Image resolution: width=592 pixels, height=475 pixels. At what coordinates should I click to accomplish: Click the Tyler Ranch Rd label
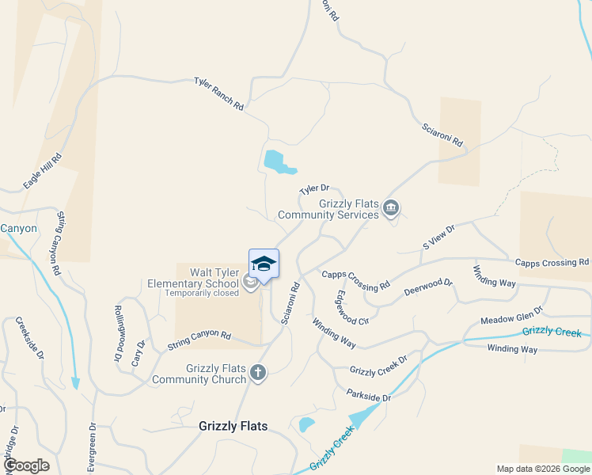(x=219, y=93)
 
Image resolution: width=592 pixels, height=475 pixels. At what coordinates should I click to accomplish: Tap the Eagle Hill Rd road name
(x=43, y=171)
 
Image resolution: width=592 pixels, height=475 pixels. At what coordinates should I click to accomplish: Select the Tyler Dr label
(x=313, y=190)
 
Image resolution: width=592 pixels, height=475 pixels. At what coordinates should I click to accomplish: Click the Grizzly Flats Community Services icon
(x=390, y=208)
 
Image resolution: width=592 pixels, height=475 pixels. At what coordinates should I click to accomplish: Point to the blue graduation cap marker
(x=264, y=264)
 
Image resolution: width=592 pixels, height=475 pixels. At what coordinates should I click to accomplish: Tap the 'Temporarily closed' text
(x=201, y=293)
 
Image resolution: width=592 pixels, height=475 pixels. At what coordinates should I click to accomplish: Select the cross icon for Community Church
(x=258, y=371)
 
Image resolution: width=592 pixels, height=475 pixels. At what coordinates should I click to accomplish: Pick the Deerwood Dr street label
(x=427, y=287)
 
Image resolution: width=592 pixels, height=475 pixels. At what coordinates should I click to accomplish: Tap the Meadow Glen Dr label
(x=512, y=316)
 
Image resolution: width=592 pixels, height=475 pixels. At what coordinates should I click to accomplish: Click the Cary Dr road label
(x=141, y=351)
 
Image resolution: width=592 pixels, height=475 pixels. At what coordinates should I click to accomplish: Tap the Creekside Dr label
(x=30, y=338)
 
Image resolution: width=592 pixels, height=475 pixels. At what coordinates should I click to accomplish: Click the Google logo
(x=25, y=465)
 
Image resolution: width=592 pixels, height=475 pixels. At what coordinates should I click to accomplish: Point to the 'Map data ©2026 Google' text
(x=541, y=469)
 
